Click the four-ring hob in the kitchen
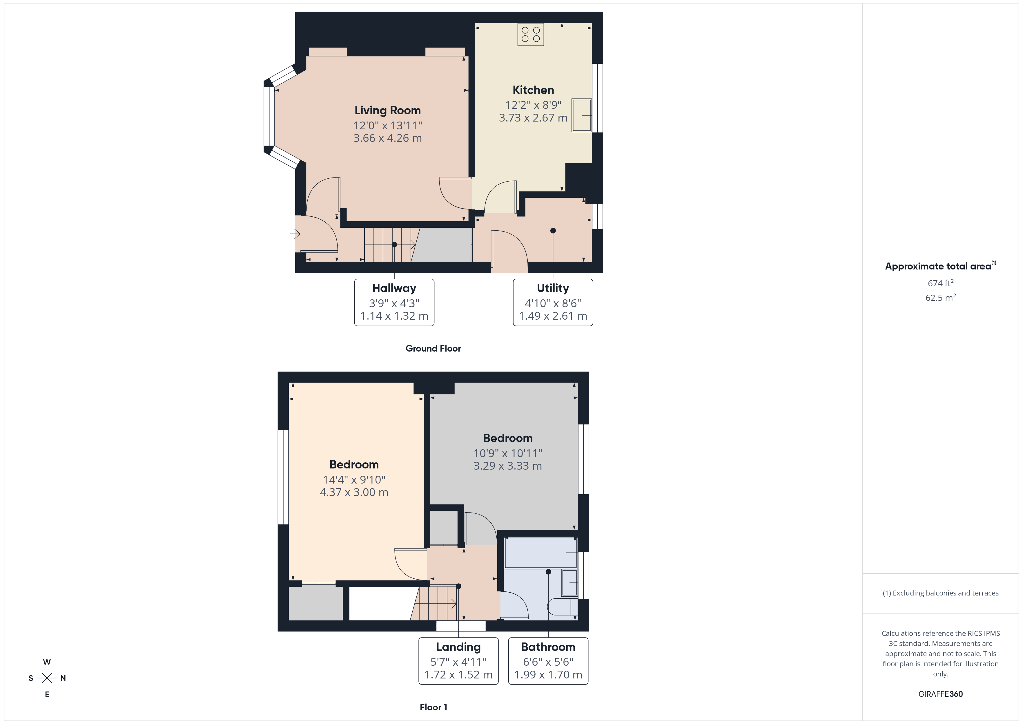530,34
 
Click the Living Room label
387,110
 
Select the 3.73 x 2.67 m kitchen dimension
533,118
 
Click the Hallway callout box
394,302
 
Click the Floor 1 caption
433,707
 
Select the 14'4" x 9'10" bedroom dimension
354,480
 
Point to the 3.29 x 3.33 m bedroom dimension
507,466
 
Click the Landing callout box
458,661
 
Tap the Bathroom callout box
548,661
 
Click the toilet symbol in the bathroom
561,607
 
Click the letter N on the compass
63,678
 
